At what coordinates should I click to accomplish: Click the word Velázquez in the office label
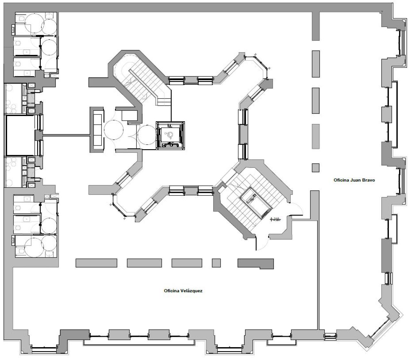[190, 291]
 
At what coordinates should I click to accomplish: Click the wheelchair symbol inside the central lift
[170, 135]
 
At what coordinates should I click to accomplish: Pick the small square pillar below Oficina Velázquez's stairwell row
[216, 263]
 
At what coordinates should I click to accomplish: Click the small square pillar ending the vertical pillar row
[316, 168]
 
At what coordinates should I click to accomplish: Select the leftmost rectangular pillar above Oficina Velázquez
[96, 263]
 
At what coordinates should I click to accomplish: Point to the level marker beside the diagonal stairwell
[275, 220]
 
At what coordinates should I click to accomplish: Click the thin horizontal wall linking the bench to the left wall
[66, 135]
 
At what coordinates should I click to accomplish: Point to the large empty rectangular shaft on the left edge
[20, 135]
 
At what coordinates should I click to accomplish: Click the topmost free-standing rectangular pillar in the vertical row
[316, 64]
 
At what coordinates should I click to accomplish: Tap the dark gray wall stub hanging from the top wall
[316, 26]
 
